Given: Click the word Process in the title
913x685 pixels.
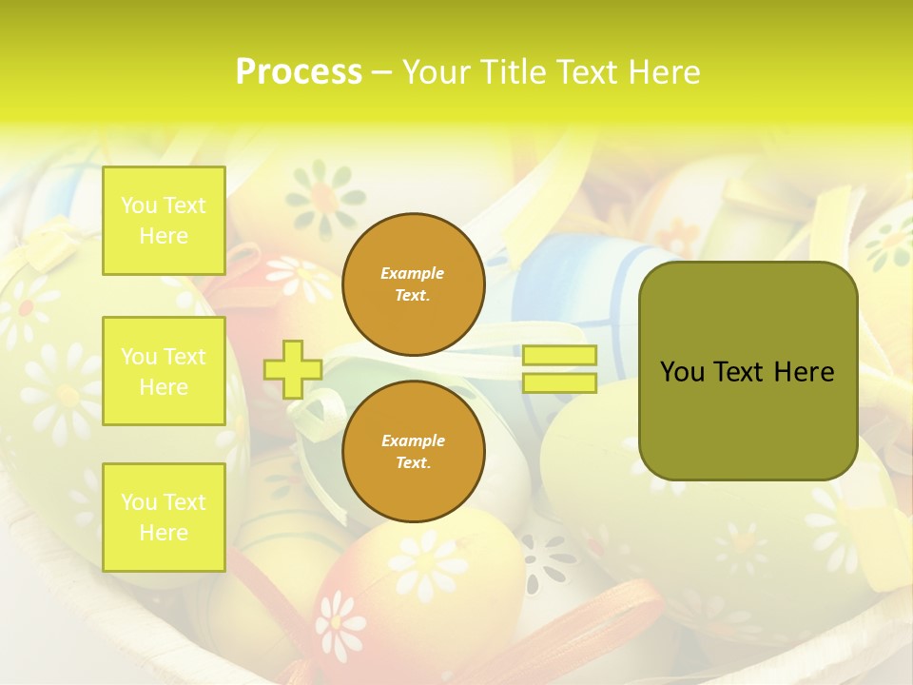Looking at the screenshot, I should [299, 71].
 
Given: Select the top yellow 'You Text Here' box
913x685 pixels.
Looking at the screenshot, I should [164, 221].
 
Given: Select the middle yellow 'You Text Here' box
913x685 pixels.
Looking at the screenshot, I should [164, 371].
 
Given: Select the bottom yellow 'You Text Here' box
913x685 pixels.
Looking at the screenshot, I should [164, 518].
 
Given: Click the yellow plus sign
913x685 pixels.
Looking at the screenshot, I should [292, 369].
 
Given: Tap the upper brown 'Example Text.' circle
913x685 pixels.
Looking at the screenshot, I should [413, 284].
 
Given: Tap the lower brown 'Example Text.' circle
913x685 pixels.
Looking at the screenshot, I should [413, 452].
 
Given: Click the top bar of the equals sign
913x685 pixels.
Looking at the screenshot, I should [559, 356].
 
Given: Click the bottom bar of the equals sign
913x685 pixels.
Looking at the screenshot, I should [559, 383].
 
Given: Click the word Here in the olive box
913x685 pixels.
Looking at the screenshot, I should [804, 372].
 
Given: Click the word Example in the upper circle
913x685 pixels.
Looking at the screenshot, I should [413, 274].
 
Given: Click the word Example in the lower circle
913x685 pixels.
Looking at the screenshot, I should [413, 441].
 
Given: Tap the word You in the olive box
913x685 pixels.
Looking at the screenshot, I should [682, 372].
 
